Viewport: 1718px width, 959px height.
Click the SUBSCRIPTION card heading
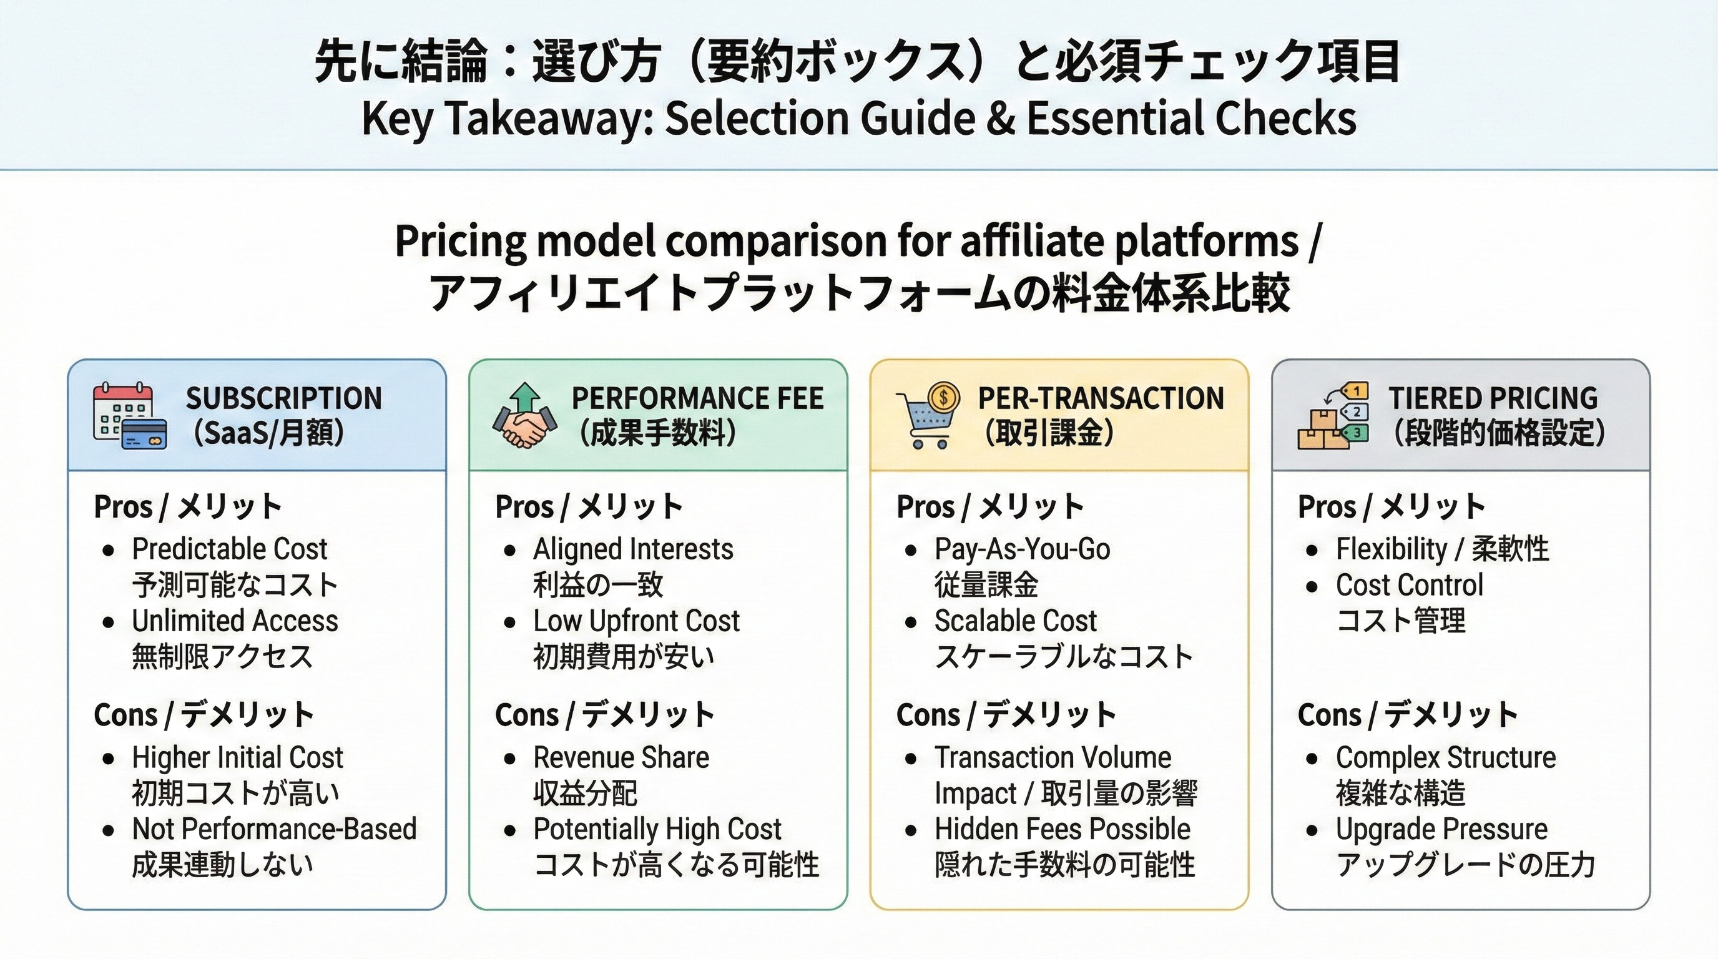[283, 399]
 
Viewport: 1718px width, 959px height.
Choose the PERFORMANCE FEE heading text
[697, 399]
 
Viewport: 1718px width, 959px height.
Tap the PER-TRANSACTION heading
[1101, 399]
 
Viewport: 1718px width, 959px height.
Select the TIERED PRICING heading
[1493, 399]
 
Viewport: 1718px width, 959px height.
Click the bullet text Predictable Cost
[230, 549]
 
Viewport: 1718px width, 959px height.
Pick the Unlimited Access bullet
[235, 621]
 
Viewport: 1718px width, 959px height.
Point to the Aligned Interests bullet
[633, 549]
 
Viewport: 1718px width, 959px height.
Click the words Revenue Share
[621, 757]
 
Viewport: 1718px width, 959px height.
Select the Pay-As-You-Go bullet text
[1022, 549]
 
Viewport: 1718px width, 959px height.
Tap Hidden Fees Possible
[1062, 829]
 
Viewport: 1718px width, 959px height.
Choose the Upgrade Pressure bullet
[1441, 829]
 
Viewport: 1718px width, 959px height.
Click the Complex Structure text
[1445, 757]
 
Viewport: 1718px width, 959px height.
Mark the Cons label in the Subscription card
[125, 715]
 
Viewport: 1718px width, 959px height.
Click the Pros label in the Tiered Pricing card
[1327, 507]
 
